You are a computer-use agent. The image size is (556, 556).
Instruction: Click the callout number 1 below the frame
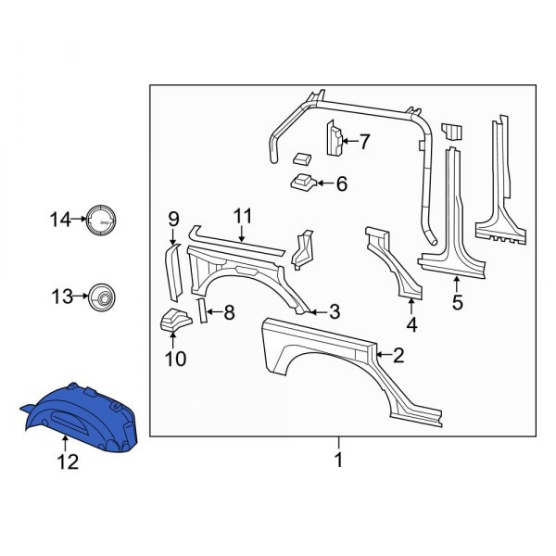[x=338, y=459]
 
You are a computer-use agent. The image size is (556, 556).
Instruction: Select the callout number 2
[x=398, y=354]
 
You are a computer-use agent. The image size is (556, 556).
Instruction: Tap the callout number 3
[x=335, y=311]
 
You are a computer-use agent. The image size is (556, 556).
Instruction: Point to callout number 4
[x=411, y=324]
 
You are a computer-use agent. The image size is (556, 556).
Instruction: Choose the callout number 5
[x=456, y=301]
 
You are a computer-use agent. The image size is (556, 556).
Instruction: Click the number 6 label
[x=341, y=184]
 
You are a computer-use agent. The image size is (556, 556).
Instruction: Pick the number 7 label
[x=364, y=142]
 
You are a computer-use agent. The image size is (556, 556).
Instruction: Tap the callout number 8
[x=230, y=313]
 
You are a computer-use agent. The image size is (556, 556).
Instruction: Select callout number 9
[x=173, y=219]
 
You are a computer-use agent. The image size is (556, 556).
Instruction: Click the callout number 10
[x=175, y=358]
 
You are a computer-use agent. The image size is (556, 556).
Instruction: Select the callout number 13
[x=60, y=297]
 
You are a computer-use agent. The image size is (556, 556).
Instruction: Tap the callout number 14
[x=60, y=220]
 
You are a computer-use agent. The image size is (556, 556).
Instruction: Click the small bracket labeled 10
[x=173, y=322]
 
